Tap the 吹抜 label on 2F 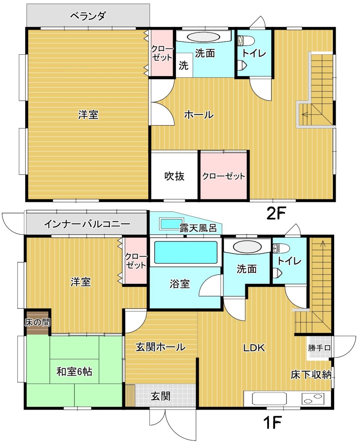[174, 177]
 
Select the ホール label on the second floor [199, 114]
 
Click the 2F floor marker [276, 213]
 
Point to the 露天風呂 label [198, 228]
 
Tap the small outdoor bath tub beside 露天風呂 [172, 224]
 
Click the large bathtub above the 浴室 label [185, 252]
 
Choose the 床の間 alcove [38, 322]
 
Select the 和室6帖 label [74, 372]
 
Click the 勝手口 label [319, 348]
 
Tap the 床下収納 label [311, 375]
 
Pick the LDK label [254, 348]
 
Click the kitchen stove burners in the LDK [313, 398]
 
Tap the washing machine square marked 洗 [184, 65]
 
